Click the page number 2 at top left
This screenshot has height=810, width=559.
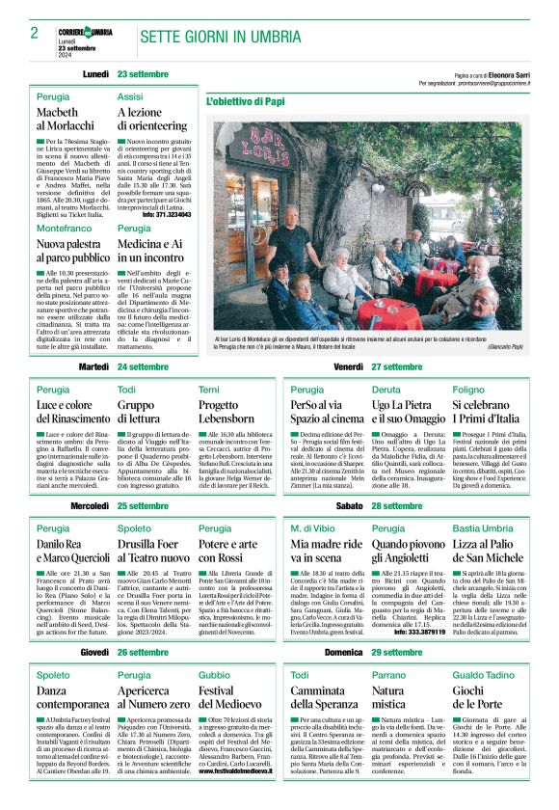click(35, 33)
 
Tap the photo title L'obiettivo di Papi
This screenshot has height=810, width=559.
click(246, 100)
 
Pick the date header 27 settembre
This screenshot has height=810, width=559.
click(397, 367)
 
